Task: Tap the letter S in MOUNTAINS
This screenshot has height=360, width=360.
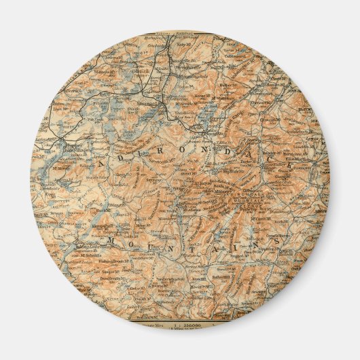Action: pos(278,240)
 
